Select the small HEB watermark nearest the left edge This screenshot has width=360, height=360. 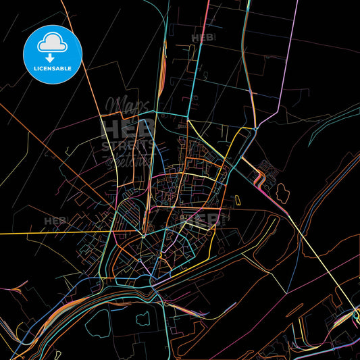point(55,221)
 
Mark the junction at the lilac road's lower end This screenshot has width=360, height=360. point(257,128)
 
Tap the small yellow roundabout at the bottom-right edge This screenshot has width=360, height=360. point(356,313)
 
